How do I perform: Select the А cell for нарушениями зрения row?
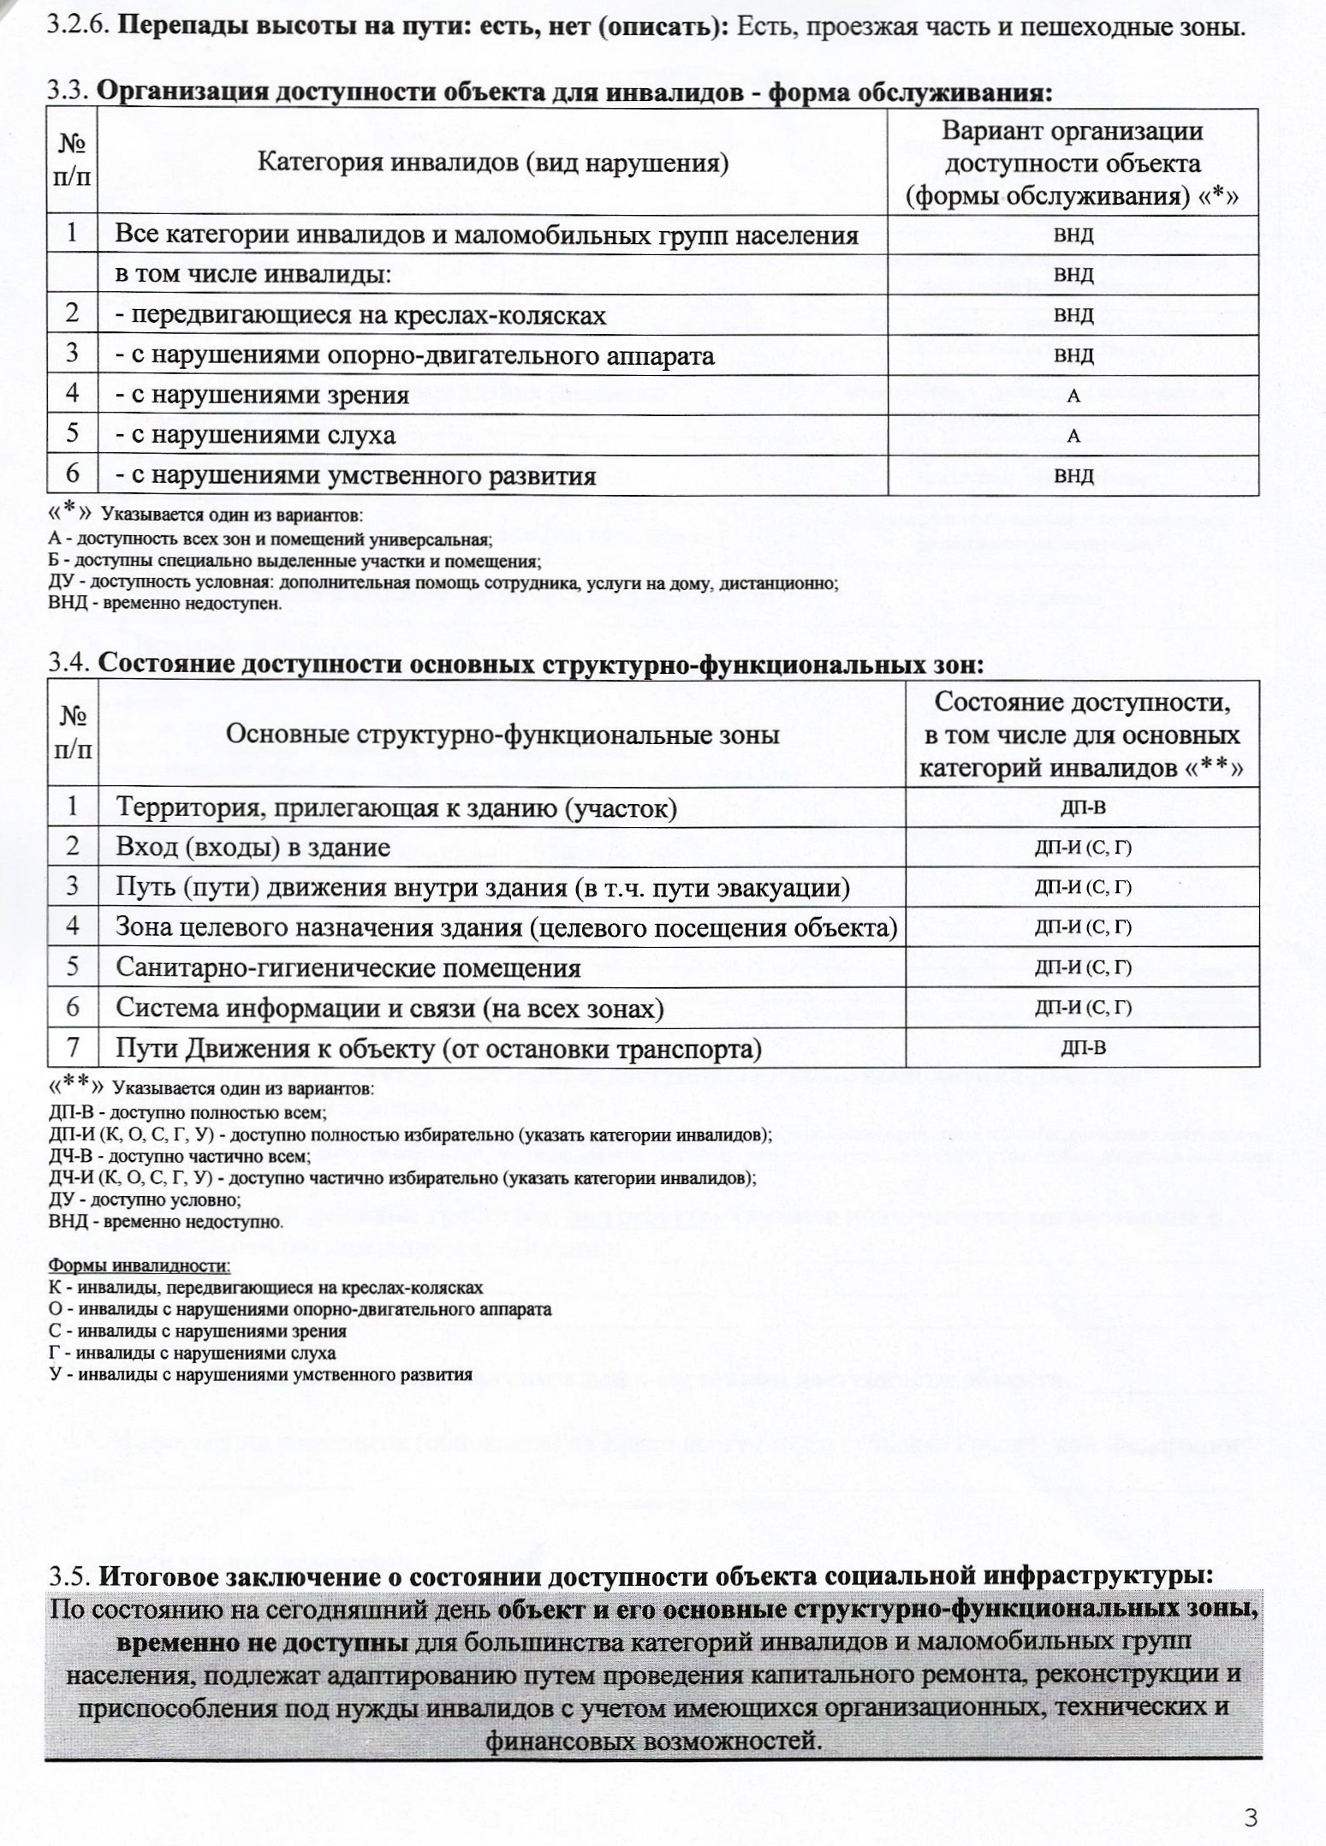click(x=1073, y=396)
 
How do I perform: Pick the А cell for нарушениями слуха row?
click(x=1073, y=437)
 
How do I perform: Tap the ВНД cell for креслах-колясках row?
click(x=1073, y=315)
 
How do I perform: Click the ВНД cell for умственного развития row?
click(x=1073, y=476)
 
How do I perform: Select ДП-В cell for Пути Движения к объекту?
click(x=1083, y=1048)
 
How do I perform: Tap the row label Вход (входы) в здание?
click(x=253, y=848)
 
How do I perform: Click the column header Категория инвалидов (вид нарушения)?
click(x=493, y=162)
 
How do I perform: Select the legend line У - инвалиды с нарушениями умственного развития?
click(x=260, y=1375)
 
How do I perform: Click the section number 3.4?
click(x=70, y=664)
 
